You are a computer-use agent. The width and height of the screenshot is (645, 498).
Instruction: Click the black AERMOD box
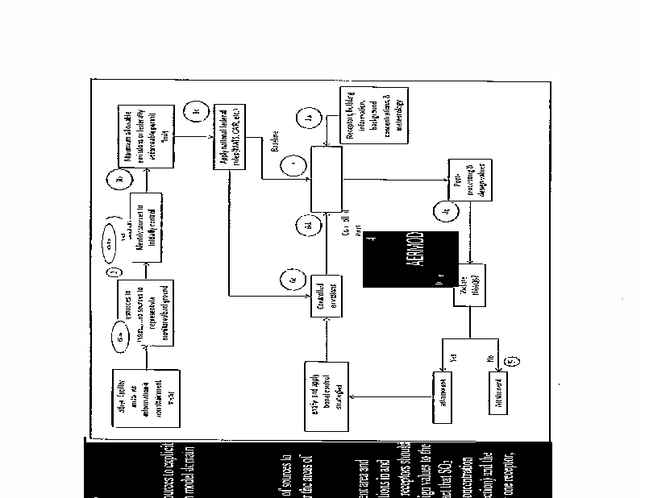pos(411,259)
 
